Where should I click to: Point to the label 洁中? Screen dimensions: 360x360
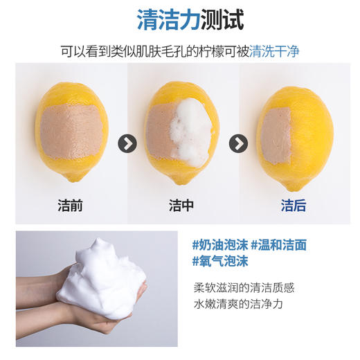tap(181, 206)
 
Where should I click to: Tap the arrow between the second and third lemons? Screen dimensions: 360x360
tap(239, 143)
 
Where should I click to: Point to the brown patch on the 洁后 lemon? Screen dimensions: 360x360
tap(278, 134)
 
